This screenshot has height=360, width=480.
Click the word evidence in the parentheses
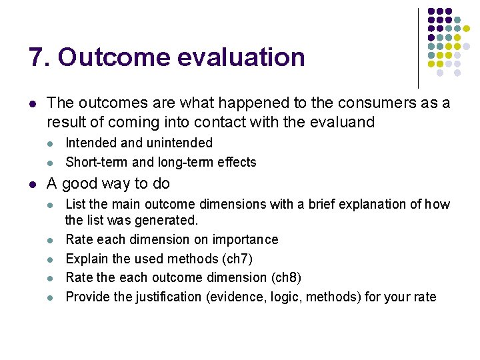click(x=228, y=297)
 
